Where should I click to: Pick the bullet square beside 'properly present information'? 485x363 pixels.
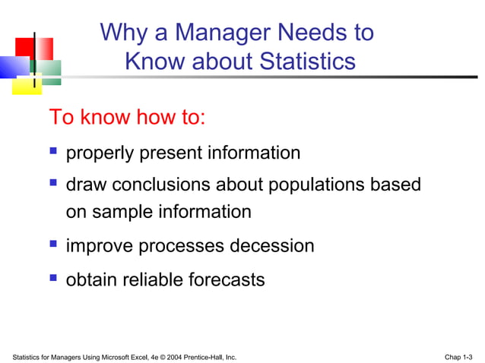coord(53,152)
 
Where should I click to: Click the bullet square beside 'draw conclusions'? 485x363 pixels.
coord(53,183)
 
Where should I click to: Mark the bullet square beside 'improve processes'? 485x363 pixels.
coord(53,245)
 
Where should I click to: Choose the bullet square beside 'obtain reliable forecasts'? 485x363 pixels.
coord(53,278)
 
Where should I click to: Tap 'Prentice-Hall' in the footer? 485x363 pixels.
coord(201,355)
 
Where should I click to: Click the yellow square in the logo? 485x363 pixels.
coord(24,86)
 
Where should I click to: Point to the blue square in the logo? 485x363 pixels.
coord(11,68)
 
